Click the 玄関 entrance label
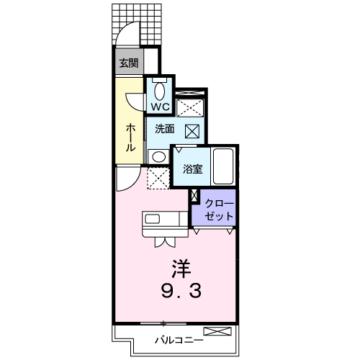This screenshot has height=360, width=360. pos(129,63)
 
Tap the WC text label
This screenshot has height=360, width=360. pos(160,107)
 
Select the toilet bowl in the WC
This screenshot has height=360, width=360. pos(159,91)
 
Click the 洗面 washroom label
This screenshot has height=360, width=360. pos(164,129)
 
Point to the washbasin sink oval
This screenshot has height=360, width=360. pos(159,157)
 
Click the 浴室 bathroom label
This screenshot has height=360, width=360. pos(193,169)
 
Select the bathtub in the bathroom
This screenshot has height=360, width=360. pos(223,166)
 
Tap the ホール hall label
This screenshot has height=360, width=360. pos(130,138)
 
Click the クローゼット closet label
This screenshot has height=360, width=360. pos(219,210)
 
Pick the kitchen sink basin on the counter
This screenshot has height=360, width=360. pos(152,219)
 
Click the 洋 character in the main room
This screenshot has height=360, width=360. pos(181,269)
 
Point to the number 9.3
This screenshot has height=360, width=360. pos(181,291)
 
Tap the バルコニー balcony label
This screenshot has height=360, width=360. pos(179,340)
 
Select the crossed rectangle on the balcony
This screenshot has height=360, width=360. pos(217,331)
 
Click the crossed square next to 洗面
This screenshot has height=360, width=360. pos(192,131)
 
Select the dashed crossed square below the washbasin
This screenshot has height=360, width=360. pos(158,178)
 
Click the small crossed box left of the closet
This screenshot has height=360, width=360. pos(194,195)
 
